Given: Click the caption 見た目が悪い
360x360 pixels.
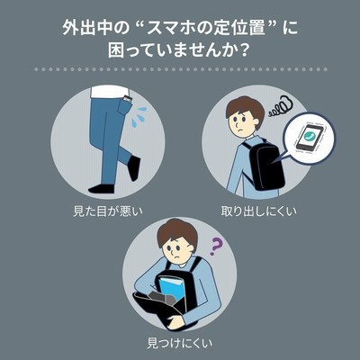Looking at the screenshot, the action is pyautogui.click(x=108, y=211).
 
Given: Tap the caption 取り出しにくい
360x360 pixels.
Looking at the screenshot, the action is pyautogui.click(x=258, y=211).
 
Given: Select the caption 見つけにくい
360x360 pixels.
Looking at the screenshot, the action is pyautogui.click(x=180, y=343).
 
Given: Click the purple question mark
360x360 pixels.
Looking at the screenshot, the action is pyautogui.click(x=216, y=247).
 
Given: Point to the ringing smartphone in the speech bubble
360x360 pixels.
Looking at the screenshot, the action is pyautogui.click(x=310, y=138).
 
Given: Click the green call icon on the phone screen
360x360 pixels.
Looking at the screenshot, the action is pyautogui.click(x=309, y=136).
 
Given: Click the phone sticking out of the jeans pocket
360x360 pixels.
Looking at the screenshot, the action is pyautogui.click(x=128, y=99).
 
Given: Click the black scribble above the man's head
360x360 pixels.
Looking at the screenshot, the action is pyautogui.click(x=281, y=107).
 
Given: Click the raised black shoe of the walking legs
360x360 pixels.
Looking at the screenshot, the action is pyautogui.click(x=134, y=168).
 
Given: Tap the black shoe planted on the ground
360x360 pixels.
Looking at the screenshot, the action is pyautogui.click(x=102, y=189).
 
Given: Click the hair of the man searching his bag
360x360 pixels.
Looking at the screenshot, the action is pyautogui.click(x=177, y=233).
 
